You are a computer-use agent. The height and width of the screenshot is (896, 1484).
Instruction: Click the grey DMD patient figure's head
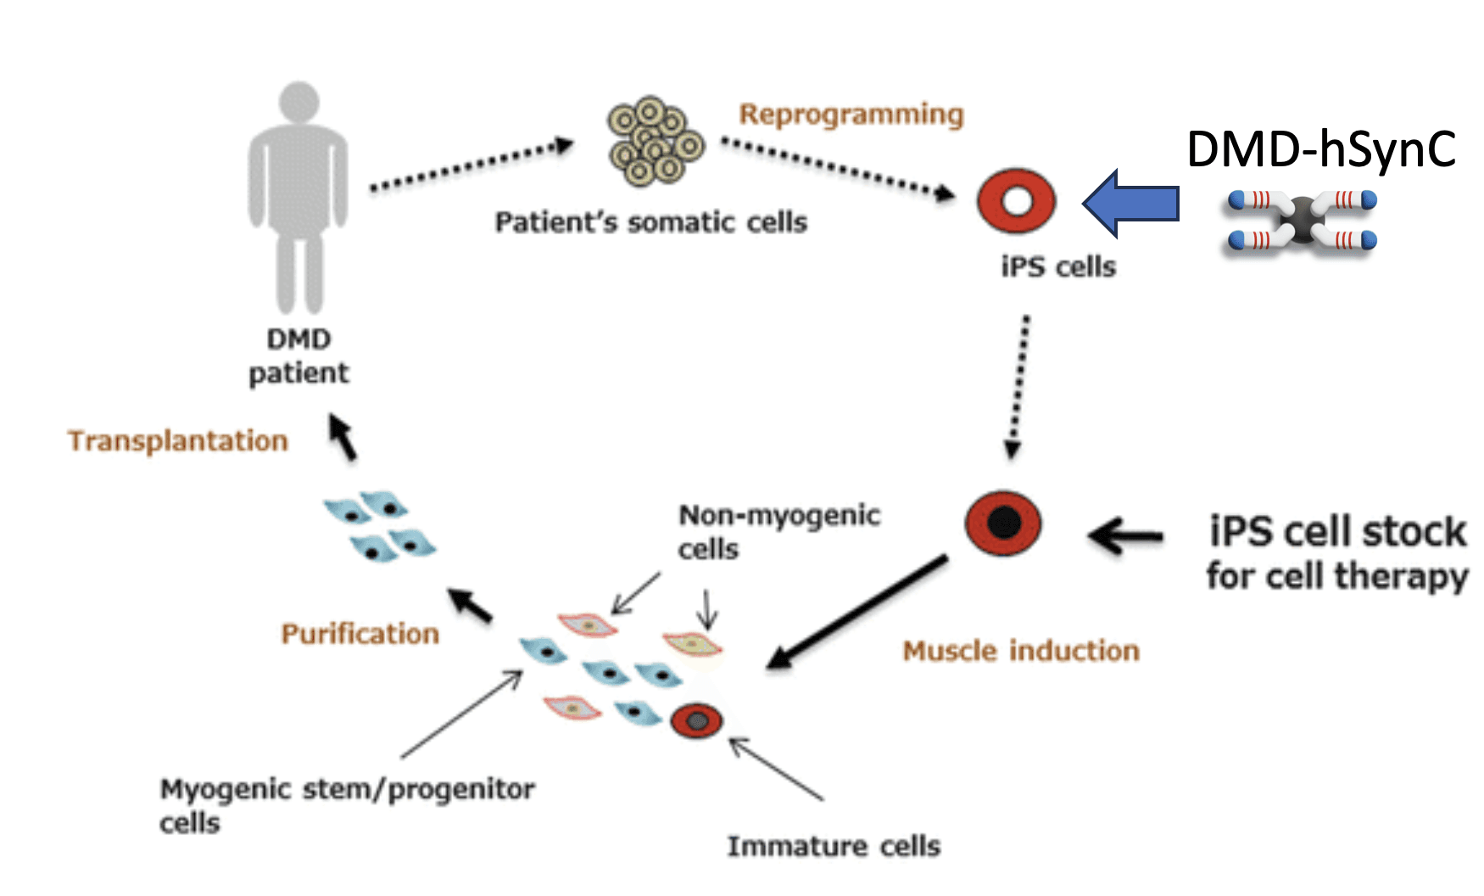tap(298, 103)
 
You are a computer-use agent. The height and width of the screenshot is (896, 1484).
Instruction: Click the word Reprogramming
tap(851, 114)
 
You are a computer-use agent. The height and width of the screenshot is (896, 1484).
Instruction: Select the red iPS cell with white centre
tap(1016, 201)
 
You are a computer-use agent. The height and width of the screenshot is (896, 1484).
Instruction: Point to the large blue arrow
tap(1131, 203)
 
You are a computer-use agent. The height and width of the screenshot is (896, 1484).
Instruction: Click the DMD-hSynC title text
tap(1320, 148)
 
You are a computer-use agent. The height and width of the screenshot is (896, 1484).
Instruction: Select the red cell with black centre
tap(1003, 523)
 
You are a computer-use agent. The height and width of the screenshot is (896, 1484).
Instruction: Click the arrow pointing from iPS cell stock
tap(1126, 535)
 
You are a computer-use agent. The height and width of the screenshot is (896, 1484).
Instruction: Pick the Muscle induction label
tap(1021, 651)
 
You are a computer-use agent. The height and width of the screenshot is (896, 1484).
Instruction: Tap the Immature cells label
tap(834, 846)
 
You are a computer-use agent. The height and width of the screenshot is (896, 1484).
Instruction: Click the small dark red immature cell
tap(696, 721)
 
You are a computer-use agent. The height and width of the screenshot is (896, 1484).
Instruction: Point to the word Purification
tap(360, 634)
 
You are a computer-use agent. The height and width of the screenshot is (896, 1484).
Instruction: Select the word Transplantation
tap(178, 440)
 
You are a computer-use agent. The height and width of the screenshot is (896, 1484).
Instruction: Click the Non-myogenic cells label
tap(778, 531)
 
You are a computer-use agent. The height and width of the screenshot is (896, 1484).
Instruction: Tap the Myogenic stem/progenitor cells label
tap(347, 804)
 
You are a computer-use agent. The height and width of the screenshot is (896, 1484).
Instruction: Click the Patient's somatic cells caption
tap(650, 222)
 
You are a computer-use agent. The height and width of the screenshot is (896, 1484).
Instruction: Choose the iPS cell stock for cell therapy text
tap(1337, 553)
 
